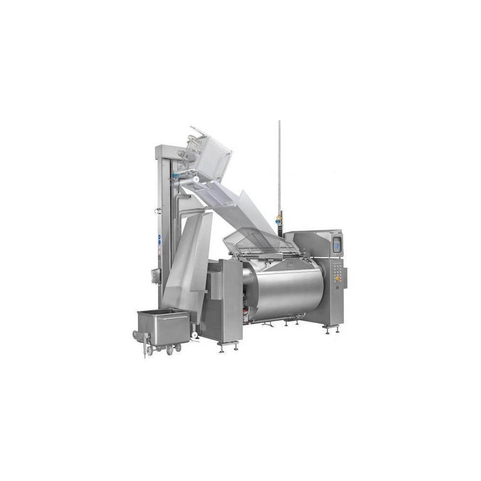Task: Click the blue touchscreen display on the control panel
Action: pyautogui.click(x=336, y=244)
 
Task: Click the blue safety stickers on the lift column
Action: pyautogui.click(x=159, y=240)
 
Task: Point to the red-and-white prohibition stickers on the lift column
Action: pyautogui.click(x=159, y=250)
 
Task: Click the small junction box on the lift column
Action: pyautogui.click(x=155, y=276)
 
